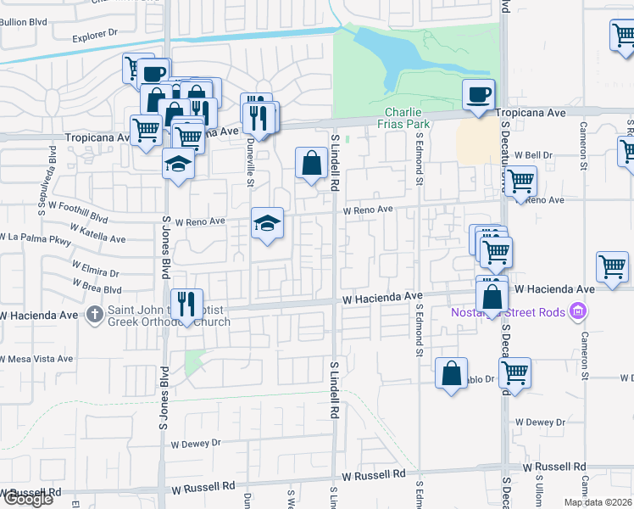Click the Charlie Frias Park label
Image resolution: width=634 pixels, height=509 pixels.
click(408, 118)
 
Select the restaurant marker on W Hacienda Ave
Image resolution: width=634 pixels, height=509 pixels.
click(186, 304)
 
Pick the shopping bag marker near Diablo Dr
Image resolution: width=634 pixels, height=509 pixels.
click(452, 372)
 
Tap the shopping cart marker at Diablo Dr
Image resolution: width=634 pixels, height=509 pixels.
click(514, 372)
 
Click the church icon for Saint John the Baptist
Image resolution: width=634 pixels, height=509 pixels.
click(95, 315)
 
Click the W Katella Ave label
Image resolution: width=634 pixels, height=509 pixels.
click(98, 233)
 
